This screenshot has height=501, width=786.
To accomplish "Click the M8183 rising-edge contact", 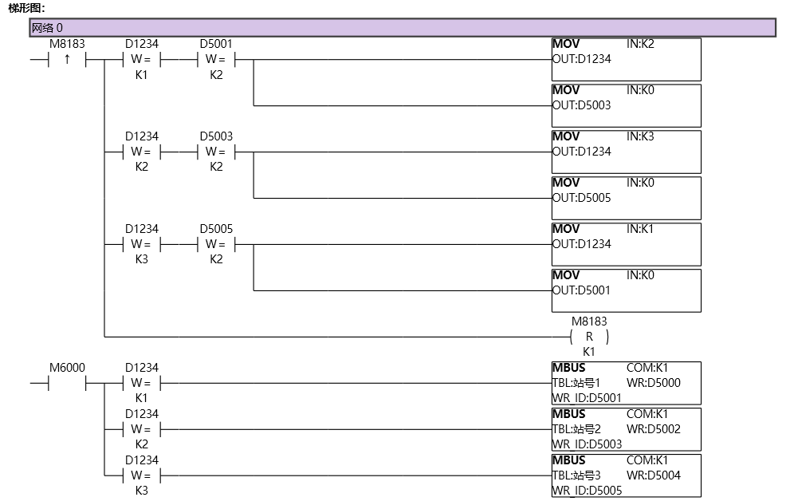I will pyautogui.click(x=67, y=60).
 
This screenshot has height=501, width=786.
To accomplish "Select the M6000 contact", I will pyautogui.click(x=67, y=383).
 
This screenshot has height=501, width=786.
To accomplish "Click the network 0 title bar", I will pyautogui.click(x=402, y=28).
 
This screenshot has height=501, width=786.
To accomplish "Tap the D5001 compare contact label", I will pyautogui.click(x=216, y=44).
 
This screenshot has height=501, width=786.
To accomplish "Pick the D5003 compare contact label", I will pyautogui.click(x=216, y=136).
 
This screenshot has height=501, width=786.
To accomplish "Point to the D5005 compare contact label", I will pyautogui.click(x=216, y=229).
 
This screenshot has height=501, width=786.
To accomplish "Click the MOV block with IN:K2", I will pyautogui.click(x=626, y=59).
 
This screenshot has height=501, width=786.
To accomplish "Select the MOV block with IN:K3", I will pyautogui.click(x=626, y=152).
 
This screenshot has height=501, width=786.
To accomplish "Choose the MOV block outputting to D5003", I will pyautogui.click(x=626, y=105).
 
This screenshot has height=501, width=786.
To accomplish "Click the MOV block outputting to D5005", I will pyautogui.click(x=626, y=198).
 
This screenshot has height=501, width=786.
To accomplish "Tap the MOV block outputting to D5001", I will pyautogui.click(x=626, y=290).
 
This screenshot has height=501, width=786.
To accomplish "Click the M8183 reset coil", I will pyautogui.click(x=589, y=337).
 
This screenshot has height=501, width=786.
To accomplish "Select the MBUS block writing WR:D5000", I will pyautogui.click(x=626, y=383).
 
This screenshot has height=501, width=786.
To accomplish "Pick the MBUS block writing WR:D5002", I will pyautogui.click(x=626, y=429).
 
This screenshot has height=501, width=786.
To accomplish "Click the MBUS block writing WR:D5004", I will pyautogui.click(x=626, y=475).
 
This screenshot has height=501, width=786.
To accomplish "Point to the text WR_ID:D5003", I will pyautogui.click(x=587, y=444).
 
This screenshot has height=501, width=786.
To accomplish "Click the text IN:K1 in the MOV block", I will pyautogui.click(x=640, y=229).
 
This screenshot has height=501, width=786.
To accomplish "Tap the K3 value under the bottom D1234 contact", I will pyautogui.click(x=141, y=491).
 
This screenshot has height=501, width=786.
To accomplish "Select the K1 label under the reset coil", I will pyautogui.click(x=589, y=351).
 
